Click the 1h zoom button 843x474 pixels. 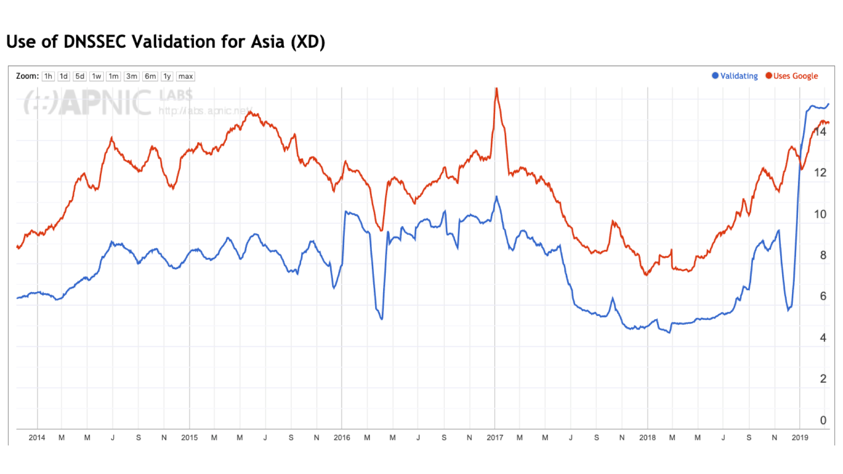click(48, 76)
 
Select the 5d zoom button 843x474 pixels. click(80, 76)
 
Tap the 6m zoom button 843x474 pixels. click(150, 76)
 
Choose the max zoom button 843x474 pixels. click(185, 76)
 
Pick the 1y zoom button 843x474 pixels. click(167, 76)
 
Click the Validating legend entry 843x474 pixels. click(735, 76)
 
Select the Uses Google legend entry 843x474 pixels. click(792, 76)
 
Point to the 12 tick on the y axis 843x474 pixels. click(820, 173)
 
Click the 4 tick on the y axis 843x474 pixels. click(823, 338)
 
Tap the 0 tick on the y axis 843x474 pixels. click(823, 420)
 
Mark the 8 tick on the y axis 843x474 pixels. click(823, 255)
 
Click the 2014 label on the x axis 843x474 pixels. click(37, 438)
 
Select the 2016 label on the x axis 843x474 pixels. click(342, 438)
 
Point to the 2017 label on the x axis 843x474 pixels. click(495, 438)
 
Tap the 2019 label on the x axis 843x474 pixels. click(800, 438)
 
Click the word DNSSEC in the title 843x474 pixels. click(95, 42)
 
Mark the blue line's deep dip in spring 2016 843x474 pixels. click(382, 319)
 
